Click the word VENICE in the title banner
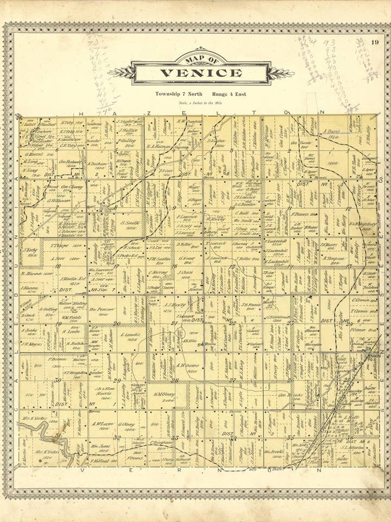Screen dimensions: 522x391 [x=201, y=73]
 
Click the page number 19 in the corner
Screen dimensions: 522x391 [x=375, y=43]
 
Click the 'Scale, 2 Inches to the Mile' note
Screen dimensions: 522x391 [x=201, y=103]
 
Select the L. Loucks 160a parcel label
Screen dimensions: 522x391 [x=130, y=335]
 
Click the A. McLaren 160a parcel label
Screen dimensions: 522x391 [x=102, y=424]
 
